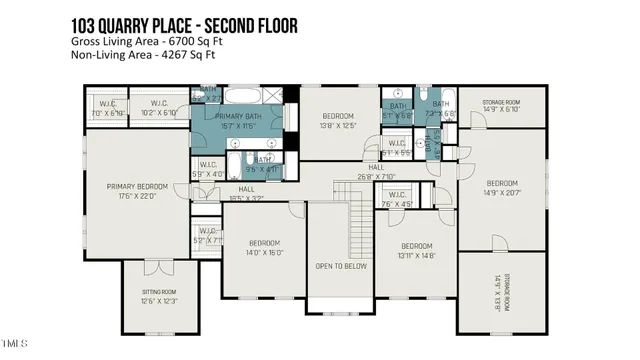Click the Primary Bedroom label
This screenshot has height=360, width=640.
click(138, 191)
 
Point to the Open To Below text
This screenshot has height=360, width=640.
click(341, 266)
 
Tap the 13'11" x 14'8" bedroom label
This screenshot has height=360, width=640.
click(415, 250)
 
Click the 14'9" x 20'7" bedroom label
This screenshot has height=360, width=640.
click(502, 188)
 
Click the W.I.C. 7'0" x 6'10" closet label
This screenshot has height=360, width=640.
click(107, 107)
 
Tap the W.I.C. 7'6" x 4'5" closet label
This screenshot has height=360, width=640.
click(396, 199)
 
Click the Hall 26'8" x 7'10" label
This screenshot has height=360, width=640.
click(377, 172)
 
